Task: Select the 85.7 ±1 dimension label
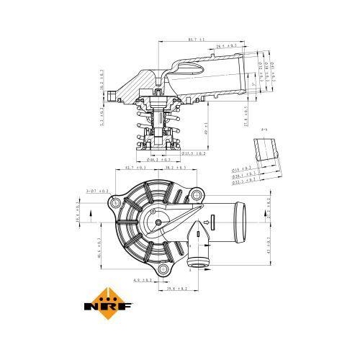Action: click(x=192, y=38)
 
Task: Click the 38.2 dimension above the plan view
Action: click(x=175, y=167)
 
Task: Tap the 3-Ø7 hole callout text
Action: click(x=96, y=191)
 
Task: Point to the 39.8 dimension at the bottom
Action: click(x=177, y=287)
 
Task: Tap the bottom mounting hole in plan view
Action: click(x=165, y=269)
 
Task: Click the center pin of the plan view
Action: click(x=158, y=222)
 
